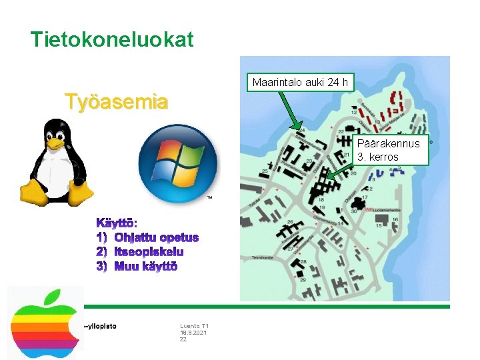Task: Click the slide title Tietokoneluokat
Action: click(x=112, y=39)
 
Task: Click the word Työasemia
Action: click(x=116, y=102)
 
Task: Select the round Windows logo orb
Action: click(x=178, y=164)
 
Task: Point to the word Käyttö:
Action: click(x=117, y=222)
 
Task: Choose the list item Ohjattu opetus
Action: click(x=156, y=237)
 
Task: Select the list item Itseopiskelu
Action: click(x=149, y=252)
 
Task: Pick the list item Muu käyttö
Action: click(x=146, y=267)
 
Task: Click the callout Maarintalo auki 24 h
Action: click(x=300, y=83)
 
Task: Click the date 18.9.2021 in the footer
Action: click(x=193, y=333)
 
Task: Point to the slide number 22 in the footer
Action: click(x=183, y=340)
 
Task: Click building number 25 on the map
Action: click(x=265, y=172)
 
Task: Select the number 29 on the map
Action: click(x=303, y=281)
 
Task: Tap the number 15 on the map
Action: click(x=379, y=226)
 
